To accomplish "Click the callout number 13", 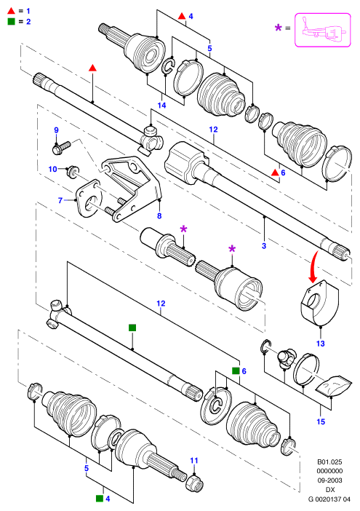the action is pos(321,343).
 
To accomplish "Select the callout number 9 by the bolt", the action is pos(56,130).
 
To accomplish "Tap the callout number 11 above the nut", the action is pos(194,461).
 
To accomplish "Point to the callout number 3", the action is pos(264,245).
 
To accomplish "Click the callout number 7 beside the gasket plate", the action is pos(60,200).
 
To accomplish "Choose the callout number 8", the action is pos(159,215).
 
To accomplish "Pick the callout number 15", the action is pos(321,421).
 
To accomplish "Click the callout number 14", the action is pos(161,105).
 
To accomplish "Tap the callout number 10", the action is pos(53,169).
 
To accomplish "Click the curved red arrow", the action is pos(314,266).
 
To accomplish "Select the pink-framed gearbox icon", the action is pos(323,30).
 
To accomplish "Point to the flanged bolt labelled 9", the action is pos(62,147).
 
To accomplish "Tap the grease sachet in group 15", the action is pos(334,386).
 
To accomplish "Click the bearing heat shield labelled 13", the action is pos(319,302).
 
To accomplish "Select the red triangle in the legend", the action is pos(12,10).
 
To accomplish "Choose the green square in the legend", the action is pos(12,22).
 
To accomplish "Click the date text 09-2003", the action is pos(329,480).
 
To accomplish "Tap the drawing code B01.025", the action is pos(329,462).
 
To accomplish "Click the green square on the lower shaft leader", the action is pos(132,328).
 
